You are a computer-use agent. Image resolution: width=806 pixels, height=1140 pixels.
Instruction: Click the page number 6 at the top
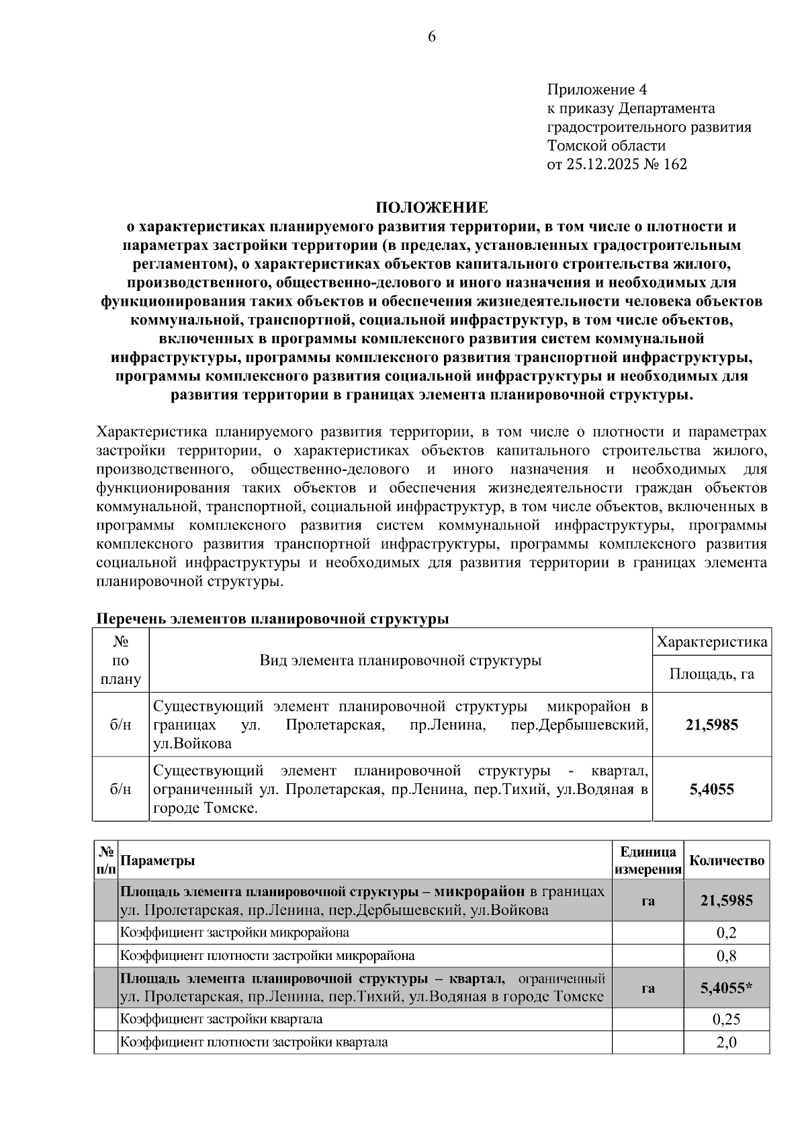(431, 37)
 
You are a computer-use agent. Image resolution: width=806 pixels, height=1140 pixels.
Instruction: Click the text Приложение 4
(596, 89)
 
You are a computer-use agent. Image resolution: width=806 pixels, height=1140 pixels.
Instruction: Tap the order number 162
(674, 164)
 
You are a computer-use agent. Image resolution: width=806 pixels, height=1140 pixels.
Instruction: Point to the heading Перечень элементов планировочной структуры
(273, 618)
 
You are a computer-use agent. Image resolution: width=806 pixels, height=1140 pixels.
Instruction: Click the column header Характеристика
(711, 642)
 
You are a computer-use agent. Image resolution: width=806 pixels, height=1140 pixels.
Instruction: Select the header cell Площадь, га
(711, 674)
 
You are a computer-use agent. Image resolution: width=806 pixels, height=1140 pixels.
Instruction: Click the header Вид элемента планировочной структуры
(400, 660)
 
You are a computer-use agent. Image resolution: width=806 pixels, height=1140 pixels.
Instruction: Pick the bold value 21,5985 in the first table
(711, 725)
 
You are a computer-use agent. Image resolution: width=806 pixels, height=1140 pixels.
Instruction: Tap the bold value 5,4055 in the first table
(711, 789)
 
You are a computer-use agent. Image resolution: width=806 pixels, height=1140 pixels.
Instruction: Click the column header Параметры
(158, 861)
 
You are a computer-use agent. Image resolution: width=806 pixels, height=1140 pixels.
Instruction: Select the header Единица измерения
(647, 861)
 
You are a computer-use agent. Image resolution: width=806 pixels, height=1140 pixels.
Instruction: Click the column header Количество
(727, 861)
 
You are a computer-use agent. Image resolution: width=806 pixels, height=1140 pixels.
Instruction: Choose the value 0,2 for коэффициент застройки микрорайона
(727, 932)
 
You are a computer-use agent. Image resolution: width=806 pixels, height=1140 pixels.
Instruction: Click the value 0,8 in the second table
(727, 955)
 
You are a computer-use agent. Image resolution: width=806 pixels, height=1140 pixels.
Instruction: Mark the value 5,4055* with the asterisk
(727, 988)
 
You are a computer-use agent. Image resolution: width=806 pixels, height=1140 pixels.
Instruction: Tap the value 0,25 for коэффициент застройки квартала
(727, 1019)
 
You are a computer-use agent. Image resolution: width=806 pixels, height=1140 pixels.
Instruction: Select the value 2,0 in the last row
(727, 1043)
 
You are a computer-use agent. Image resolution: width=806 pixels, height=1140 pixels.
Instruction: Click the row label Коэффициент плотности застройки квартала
(254, 1043)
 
